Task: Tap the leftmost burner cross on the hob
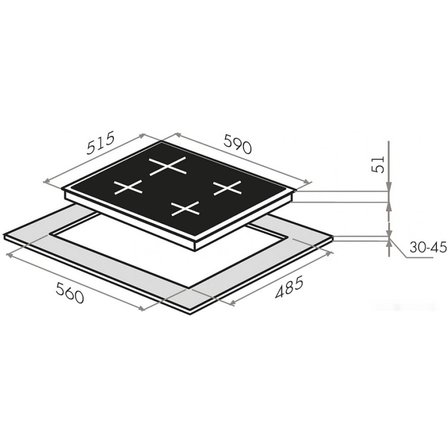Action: [128, 187]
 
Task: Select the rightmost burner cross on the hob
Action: [227, 188]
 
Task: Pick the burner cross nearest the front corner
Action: [185, 208]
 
